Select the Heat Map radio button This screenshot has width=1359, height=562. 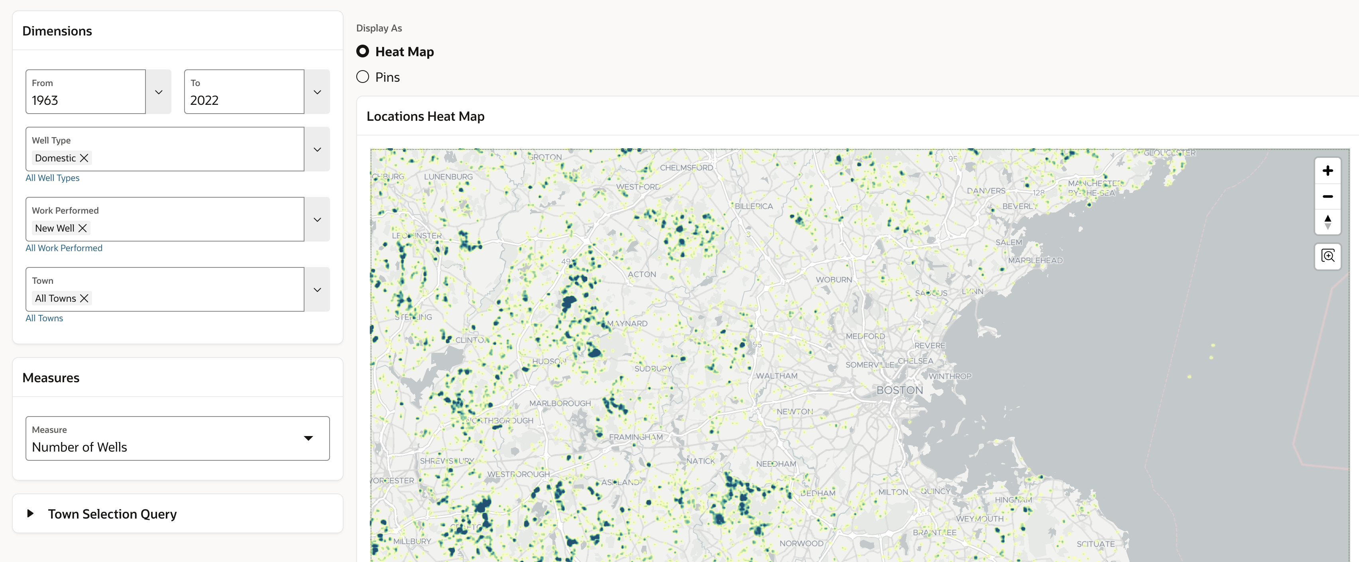pos(362,51)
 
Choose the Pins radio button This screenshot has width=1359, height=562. pos(362,77)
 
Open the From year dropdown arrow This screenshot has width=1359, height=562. pos(158,92)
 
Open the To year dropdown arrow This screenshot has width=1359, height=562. pos(317,92)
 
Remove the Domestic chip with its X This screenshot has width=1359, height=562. pos(84,158)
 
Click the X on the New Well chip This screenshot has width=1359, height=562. pos(82,228)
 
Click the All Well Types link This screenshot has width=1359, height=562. pos(52,178)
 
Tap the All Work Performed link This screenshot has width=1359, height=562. pos(64,248)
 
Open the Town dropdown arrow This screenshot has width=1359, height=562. pos(317,290)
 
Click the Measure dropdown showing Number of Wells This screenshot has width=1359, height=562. pos(177,438)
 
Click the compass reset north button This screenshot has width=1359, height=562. pos(1328,222)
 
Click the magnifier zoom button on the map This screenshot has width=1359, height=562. pos(1328,256)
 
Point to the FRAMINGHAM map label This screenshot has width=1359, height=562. pos(636,437)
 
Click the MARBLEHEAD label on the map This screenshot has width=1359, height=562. pos(1035,260)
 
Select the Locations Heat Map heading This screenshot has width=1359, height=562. pos(425,116)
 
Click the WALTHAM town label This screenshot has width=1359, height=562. pos(777,376)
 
